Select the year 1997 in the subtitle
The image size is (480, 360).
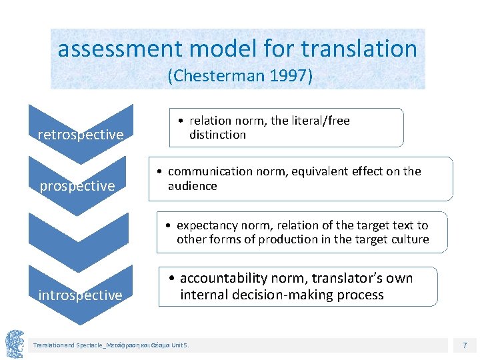pyautogui.click(x=287, y=76)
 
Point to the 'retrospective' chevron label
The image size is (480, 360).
pyautogui.click(x=81, y=135)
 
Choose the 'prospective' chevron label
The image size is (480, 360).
pyautogui.click(x=77, y=186)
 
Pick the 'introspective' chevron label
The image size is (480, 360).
pyautogui.click(x=80, y=295)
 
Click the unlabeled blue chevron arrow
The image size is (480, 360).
pyautogui.click(x=81, y=240)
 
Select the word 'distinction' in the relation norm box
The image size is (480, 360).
pyautogui.click(x=217, y=135)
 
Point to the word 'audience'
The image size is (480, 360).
pyautogui.click(x=192, y=186)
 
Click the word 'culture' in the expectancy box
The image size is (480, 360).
pyautogui.click(x=409, y=239)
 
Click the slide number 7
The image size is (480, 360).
pyautogui.click(x=465, y=345)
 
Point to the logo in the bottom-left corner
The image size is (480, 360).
pyautogui.click(x=15, y=344)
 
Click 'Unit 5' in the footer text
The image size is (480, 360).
pyautogui.click(x=180, y=345)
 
